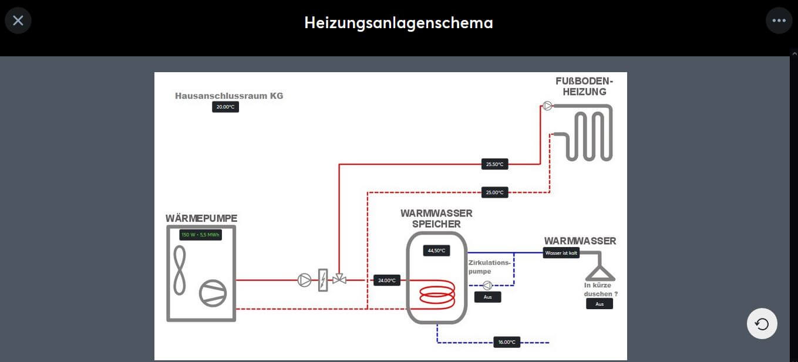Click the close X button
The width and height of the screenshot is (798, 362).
pyautogui.click(x=18, y=21)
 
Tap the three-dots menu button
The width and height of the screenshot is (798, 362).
pyautogui.click(x=779, y=21)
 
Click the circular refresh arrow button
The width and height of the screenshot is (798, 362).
pyautogui.click(x=762, y=324)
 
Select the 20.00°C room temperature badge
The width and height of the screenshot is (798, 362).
pyautogui.click(x=225, y=107)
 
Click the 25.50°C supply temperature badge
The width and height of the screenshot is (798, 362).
pyautogui.click(x=494, y=164)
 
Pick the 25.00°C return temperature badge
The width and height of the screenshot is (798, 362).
pyautogui.click(x=494, y=192)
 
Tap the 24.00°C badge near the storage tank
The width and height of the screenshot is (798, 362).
pyautogui.click(x=387, y=280)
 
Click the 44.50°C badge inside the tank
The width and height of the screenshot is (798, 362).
pyautogui.click(x=436, y=251)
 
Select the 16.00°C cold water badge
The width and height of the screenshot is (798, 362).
pyautogui.click(x=506, y=342)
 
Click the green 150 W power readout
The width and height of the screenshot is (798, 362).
pyautogui.click(x=200, y=235)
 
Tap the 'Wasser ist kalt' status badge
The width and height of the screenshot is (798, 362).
pyautogui.click(x=561, y=253)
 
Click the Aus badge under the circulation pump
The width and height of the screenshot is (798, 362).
pyautogui.click(x=487, y=297)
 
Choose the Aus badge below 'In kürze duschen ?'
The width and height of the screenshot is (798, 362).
pyautogui.click(x=599, y=304)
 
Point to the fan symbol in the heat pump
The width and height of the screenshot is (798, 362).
pyautogui.click(x=179, y=270)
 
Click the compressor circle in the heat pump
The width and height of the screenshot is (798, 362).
pyautogui.click(x=212, y=293)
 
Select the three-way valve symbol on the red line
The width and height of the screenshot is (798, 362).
pyautogui.click(x=339, y=279)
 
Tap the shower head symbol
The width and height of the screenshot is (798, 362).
pyautogui.click(x=600, y=273)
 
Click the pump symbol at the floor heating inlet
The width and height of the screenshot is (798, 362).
pyautogui.click(x=547, y=106)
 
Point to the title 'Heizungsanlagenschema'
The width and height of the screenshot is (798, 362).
pyautogui.click(x=399, y=23)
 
